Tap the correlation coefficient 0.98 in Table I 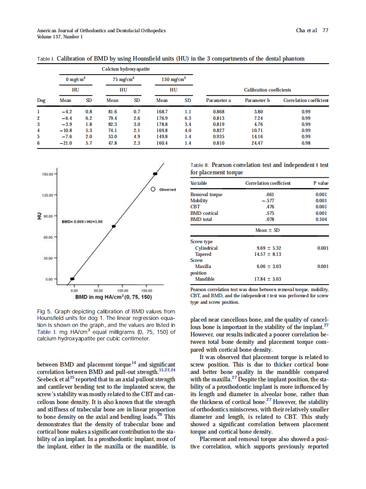306,142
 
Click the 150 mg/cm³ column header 173,79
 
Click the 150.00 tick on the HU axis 47,174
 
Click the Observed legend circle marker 153,190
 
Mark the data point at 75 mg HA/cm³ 114,226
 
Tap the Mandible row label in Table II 204,279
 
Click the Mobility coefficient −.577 268,201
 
